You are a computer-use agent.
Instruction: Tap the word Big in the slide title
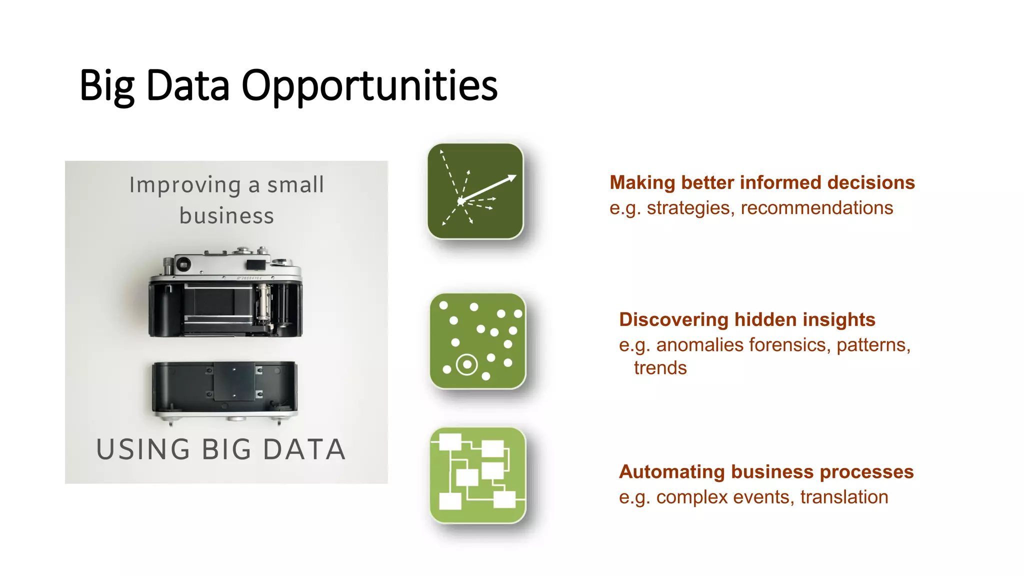coord(106,86)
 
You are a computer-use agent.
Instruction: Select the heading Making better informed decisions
coord(762,182)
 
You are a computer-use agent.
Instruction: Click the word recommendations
coord(816,208)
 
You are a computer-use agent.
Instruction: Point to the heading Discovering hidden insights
coord(747,319)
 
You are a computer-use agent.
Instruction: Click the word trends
coord(660,368)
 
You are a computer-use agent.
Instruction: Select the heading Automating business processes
coord(766,471)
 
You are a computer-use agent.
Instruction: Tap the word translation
coord(844,497)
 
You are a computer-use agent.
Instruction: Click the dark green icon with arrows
coord(475,191)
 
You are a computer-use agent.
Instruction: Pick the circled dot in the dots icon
coord(467,364)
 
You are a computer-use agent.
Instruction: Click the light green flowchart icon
coord(477,475)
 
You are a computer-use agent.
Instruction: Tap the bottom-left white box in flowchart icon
coord(449,501)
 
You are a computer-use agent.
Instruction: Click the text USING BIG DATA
coord(220,449)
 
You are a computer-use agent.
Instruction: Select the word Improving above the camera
coord(185,185)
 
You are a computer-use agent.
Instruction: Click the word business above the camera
coord(226,216)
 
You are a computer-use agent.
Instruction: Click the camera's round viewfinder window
coord(182,263)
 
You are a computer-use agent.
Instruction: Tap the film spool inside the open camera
coord(263,301)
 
